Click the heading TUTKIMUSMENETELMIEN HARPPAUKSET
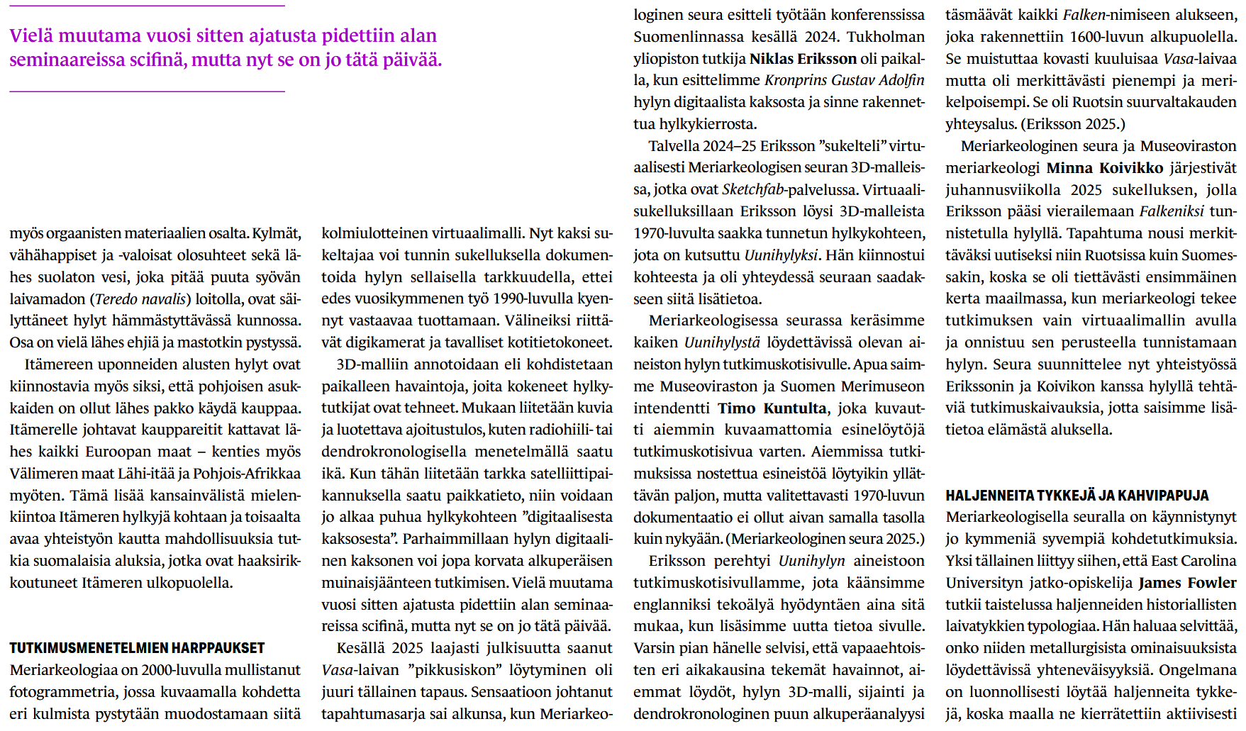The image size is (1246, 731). pyautogui.click(x=137, y=648)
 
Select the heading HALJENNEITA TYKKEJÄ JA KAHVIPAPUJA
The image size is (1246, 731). pyautogui.click(x=1077, y=496)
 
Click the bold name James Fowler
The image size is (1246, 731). pyautogui.click(x=1187, y=583)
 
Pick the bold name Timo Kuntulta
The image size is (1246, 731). pyautogui.click(x=772, y=408)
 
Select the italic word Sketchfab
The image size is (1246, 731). pyautogui.click(x=752, y=189)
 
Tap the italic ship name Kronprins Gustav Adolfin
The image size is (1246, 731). pyautogui.click(x=844, y=80)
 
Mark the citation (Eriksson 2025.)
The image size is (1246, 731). pyautogui.click(x=1073, y=124)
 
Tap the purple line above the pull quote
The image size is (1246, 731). pyautogui.click(x=147, y=6)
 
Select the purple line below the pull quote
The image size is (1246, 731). pyautogui.click(x=147, y=91)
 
